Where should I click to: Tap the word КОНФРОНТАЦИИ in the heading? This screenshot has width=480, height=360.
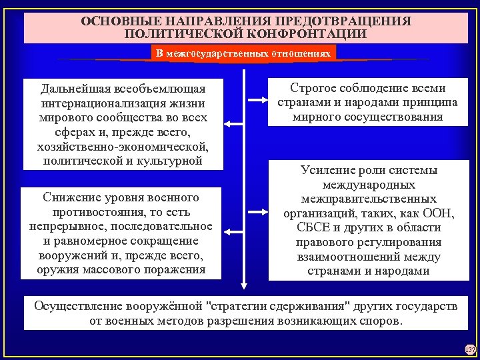[311, 33]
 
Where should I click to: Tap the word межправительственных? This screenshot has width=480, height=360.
[368, 199]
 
